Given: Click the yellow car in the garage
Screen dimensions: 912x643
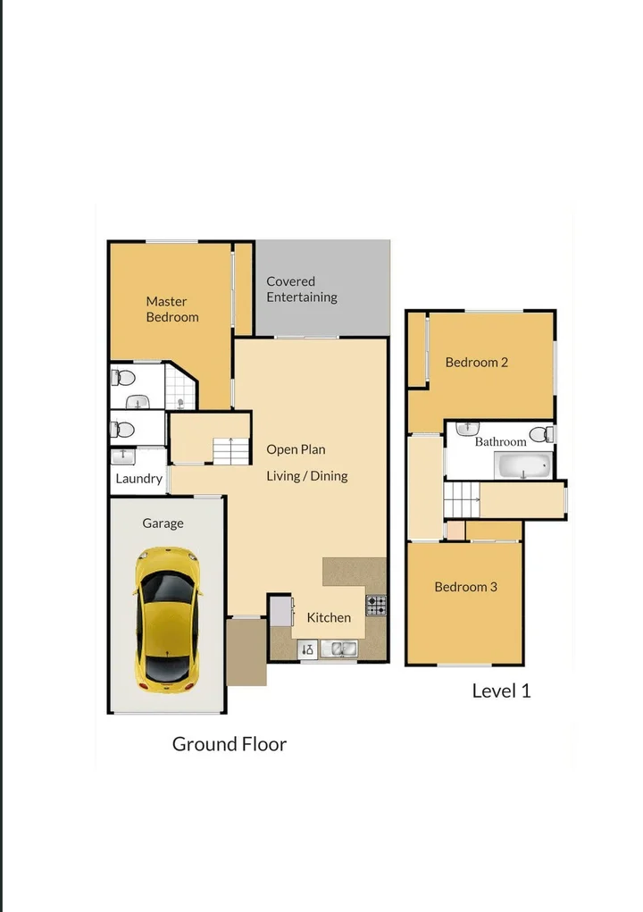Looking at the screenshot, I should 166,619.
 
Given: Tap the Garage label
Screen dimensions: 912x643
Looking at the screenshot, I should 163,523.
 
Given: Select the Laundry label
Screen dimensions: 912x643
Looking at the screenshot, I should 139,479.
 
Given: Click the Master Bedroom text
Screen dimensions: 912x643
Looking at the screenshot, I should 171,309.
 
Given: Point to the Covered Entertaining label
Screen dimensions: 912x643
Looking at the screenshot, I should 302,289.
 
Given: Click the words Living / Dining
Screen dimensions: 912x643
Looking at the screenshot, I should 306,476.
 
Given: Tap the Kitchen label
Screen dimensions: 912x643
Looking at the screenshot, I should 329,617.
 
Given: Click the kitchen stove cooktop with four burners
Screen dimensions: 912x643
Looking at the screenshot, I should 376,606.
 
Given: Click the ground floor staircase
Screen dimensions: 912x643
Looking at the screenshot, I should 231,451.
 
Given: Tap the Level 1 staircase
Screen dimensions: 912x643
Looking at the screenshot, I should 462,498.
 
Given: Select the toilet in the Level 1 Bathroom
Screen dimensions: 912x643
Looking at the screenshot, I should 541,434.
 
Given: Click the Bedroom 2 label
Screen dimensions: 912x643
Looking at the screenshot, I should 477,362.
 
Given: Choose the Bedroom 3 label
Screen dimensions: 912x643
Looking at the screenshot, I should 465,587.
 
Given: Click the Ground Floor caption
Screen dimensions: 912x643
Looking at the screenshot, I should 229,744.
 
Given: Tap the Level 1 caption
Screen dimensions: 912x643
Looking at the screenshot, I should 501,690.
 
